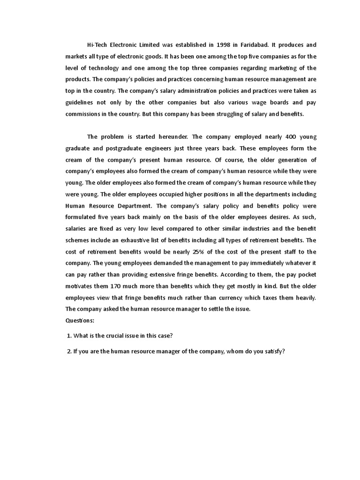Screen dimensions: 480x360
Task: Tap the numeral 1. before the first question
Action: click(x=69, y=336)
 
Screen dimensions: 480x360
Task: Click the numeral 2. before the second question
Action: click(x=69, y=352)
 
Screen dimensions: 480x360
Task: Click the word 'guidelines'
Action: click(x=81, y=102)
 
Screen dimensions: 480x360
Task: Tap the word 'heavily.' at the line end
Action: click(x=304, y=297)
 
